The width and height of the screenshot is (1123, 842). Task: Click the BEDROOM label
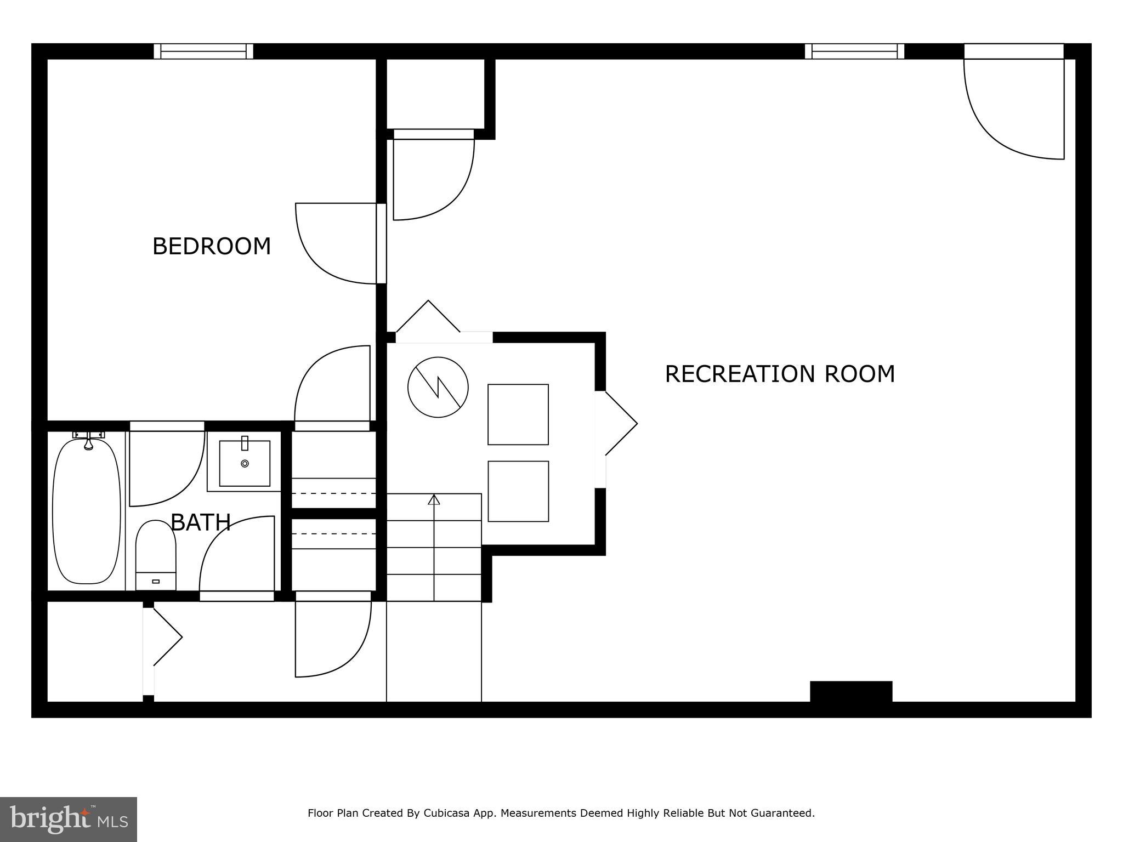(x=212, y=246)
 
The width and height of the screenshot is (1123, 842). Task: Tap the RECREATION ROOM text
(x=779, y=374)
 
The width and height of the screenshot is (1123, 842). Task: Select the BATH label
(x=201, y=522)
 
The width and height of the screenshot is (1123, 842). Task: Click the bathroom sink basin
(x=245, y=463)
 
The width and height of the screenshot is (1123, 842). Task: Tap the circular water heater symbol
(x=438, y=387)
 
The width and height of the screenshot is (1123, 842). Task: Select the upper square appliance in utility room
(x=518, y=414)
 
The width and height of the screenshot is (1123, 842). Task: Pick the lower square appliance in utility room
(x=518, y=491)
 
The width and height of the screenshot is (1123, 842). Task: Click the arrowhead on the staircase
(x=434, y=499)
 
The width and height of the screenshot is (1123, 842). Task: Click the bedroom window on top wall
(x=203, y=52)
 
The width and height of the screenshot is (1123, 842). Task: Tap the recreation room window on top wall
(x=854, y=52)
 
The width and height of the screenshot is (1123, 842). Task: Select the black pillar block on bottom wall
(x=850, y=691)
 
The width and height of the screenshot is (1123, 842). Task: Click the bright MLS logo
(x=69, y=819)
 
